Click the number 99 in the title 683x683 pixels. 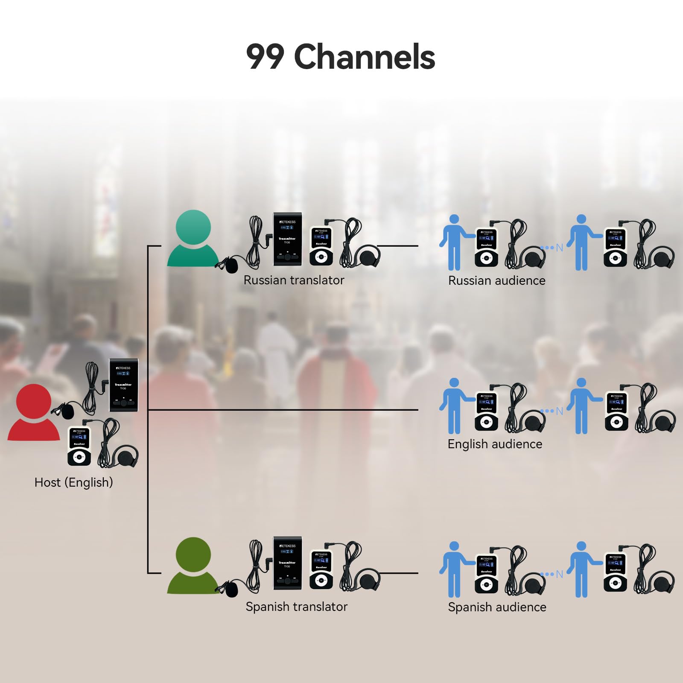click(265, 57)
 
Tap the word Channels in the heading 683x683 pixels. click(365, 57)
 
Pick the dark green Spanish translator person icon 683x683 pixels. click(193, 566)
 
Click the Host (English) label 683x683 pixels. click(73, 482)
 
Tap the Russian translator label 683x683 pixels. click(294, 280)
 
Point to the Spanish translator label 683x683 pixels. click(296, 607)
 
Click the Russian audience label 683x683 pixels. click(496, 280)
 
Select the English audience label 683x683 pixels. click(495, 444)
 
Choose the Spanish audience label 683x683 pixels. click(497, 607)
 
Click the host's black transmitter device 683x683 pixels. click(123, 385)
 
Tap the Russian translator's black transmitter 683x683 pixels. click(287, 239)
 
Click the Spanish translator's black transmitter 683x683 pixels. click(287, 563)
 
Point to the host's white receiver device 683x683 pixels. click(79, 446)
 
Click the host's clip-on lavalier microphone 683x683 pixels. click(67, 411)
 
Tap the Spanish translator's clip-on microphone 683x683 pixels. click(231, 590)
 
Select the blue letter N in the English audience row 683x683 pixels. click(559, 411)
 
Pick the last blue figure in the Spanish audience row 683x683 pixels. click(581, 569)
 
